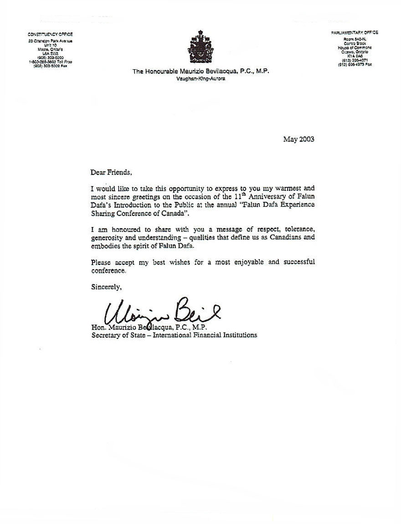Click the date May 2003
pos(298,139)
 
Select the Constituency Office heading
pos(50,34)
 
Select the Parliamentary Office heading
pos(354,33)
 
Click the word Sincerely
pos(106,287)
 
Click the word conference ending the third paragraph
pos(108,270)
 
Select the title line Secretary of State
pos(174,335)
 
